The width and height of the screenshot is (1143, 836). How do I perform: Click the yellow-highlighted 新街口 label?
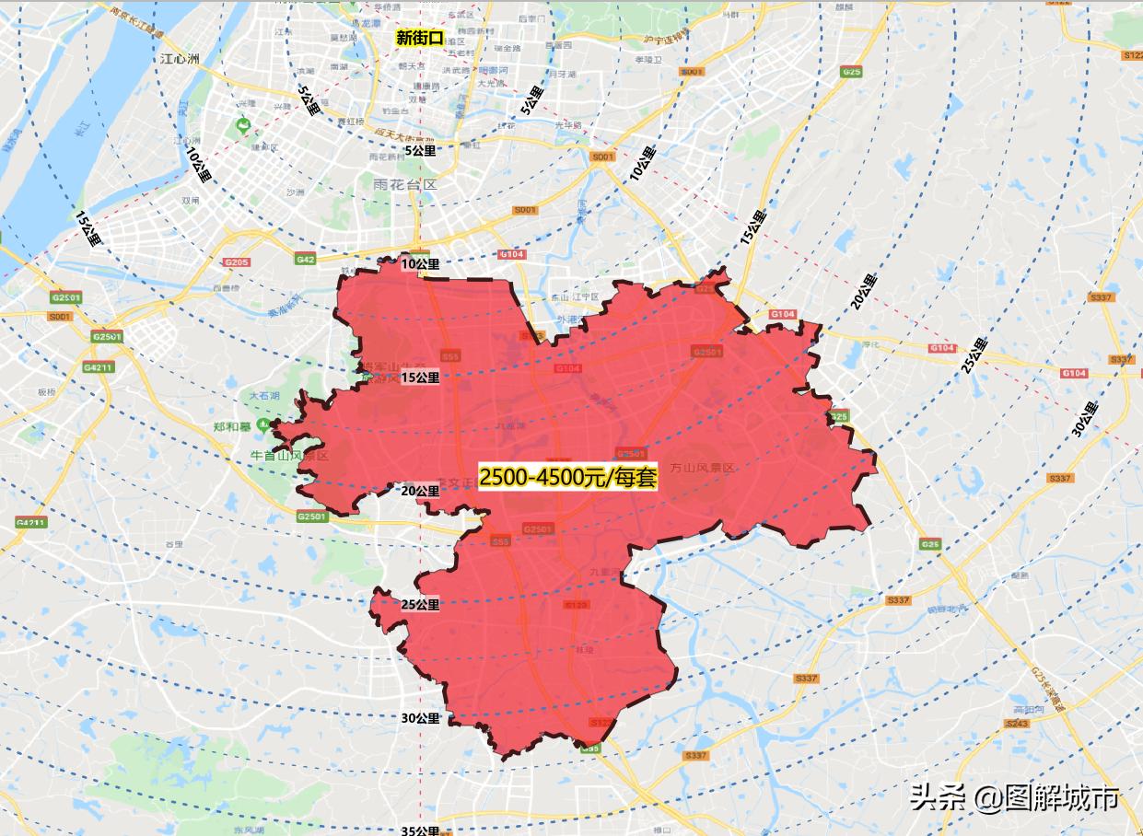pos(419,38)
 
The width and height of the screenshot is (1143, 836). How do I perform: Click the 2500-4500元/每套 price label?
pos(567,477)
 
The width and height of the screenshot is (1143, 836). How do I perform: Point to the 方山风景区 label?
pos(703,468)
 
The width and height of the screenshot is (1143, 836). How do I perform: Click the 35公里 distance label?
pos(420,830)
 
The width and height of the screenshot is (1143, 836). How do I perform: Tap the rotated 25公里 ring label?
pos(974,354)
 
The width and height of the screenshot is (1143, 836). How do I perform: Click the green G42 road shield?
pos(306,260)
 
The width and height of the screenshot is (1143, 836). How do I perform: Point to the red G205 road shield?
pos(237,262)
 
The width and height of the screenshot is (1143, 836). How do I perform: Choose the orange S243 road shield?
pos(1018,724)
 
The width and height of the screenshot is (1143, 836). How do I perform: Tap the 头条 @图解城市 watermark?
pos(1014,796)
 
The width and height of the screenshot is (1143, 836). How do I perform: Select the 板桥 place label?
pos(46,391)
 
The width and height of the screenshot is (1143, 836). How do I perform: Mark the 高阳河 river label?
pos(1026,710)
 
